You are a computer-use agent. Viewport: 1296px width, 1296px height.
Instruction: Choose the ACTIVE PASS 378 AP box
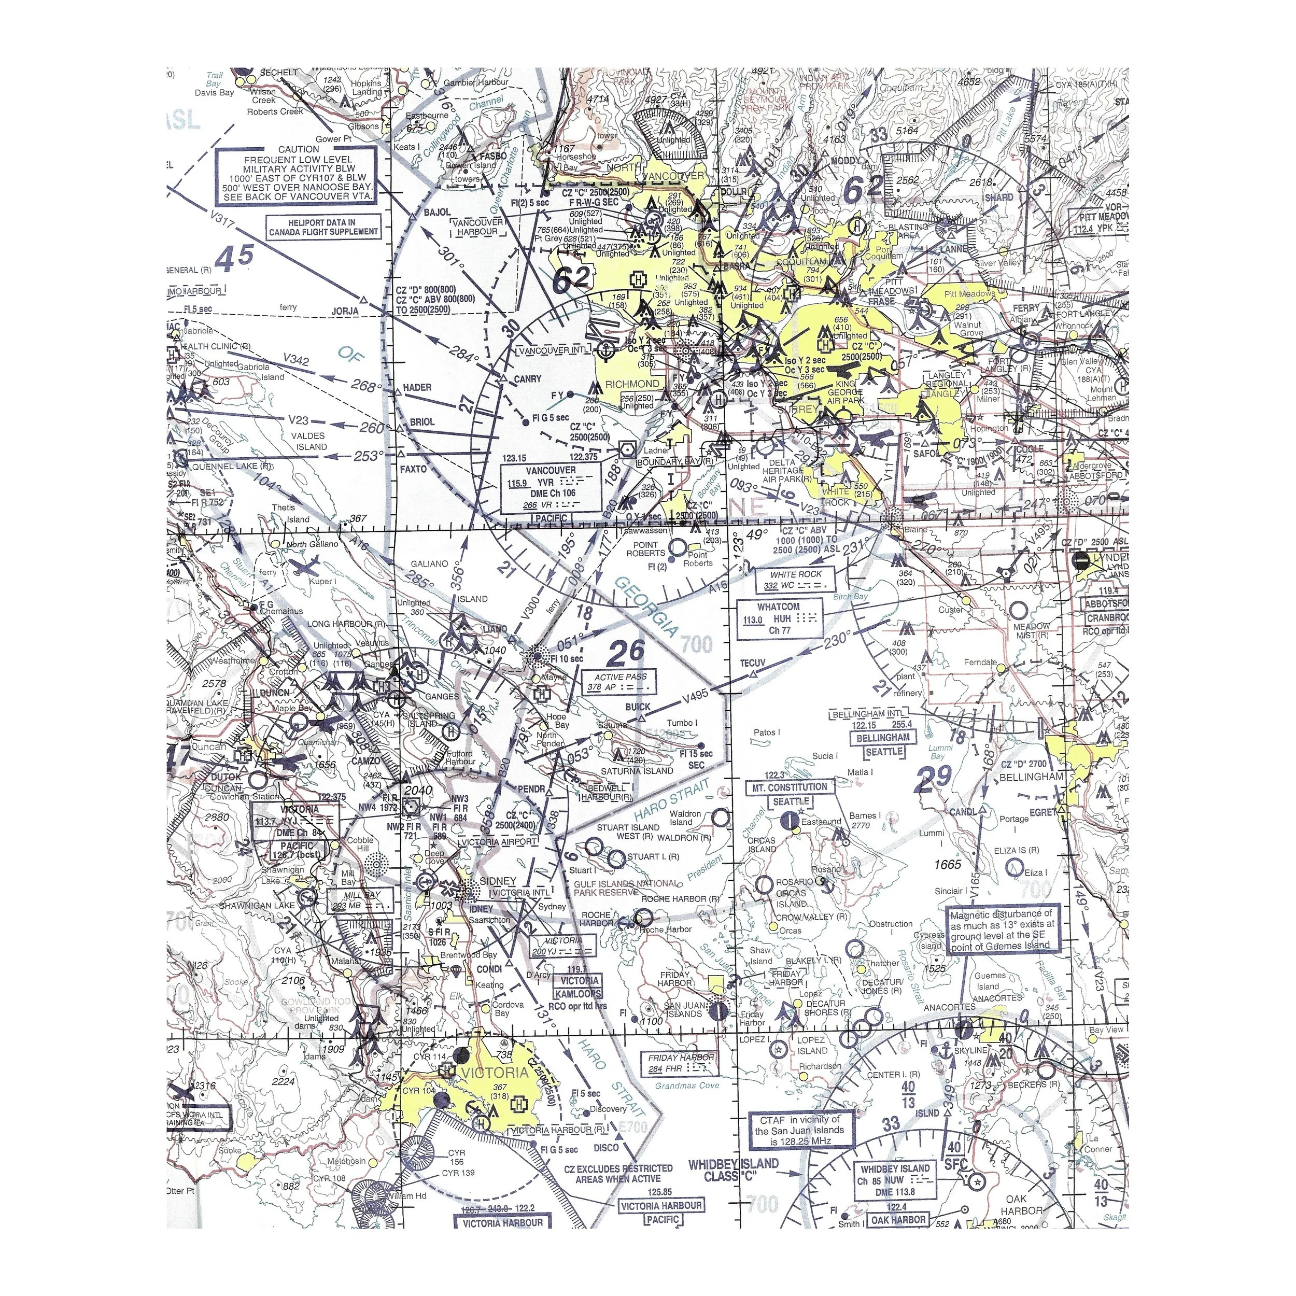click(x=621, y=682)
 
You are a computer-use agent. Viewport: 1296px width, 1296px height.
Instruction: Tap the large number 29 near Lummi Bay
click(x=933, y=777)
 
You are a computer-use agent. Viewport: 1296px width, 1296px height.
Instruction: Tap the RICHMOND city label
click(x=631, y=384)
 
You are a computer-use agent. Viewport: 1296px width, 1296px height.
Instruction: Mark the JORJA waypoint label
click(x=345, y=311)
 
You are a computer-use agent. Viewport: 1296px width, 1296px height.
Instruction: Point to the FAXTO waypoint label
click(x=413, y=469)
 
